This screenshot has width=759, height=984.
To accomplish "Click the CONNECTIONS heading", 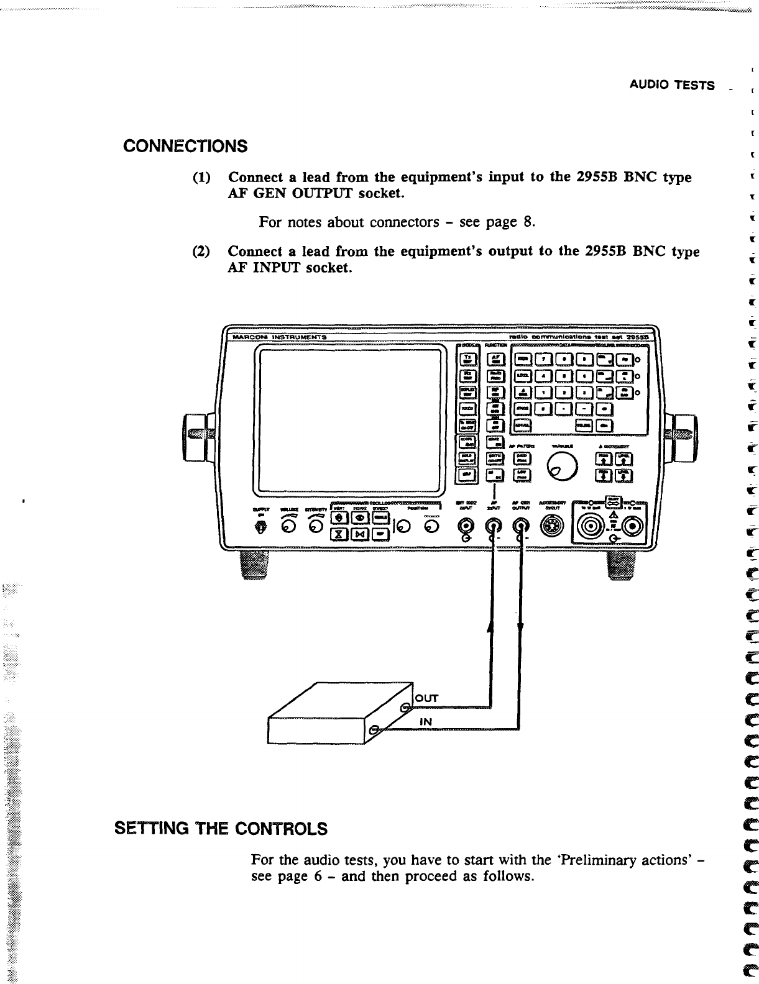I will [x=185, y=147].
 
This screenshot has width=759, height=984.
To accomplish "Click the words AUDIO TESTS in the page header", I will [x=672, y=85].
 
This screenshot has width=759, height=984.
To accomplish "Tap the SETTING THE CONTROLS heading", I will [x=221, y=829].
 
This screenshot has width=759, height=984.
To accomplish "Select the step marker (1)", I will [x=202, y=178].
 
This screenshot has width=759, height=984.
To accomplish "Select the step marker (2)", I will [x=201, y=252].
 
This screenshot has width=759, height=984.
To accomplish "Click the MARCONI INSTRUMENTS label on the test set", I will [x=278, y=336].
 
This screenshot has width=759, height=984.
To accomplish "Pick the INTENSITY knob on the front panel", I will [x=317, y=526].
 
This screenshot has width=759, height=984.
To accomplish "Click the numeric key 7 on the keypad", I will [x=545, y=359].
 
